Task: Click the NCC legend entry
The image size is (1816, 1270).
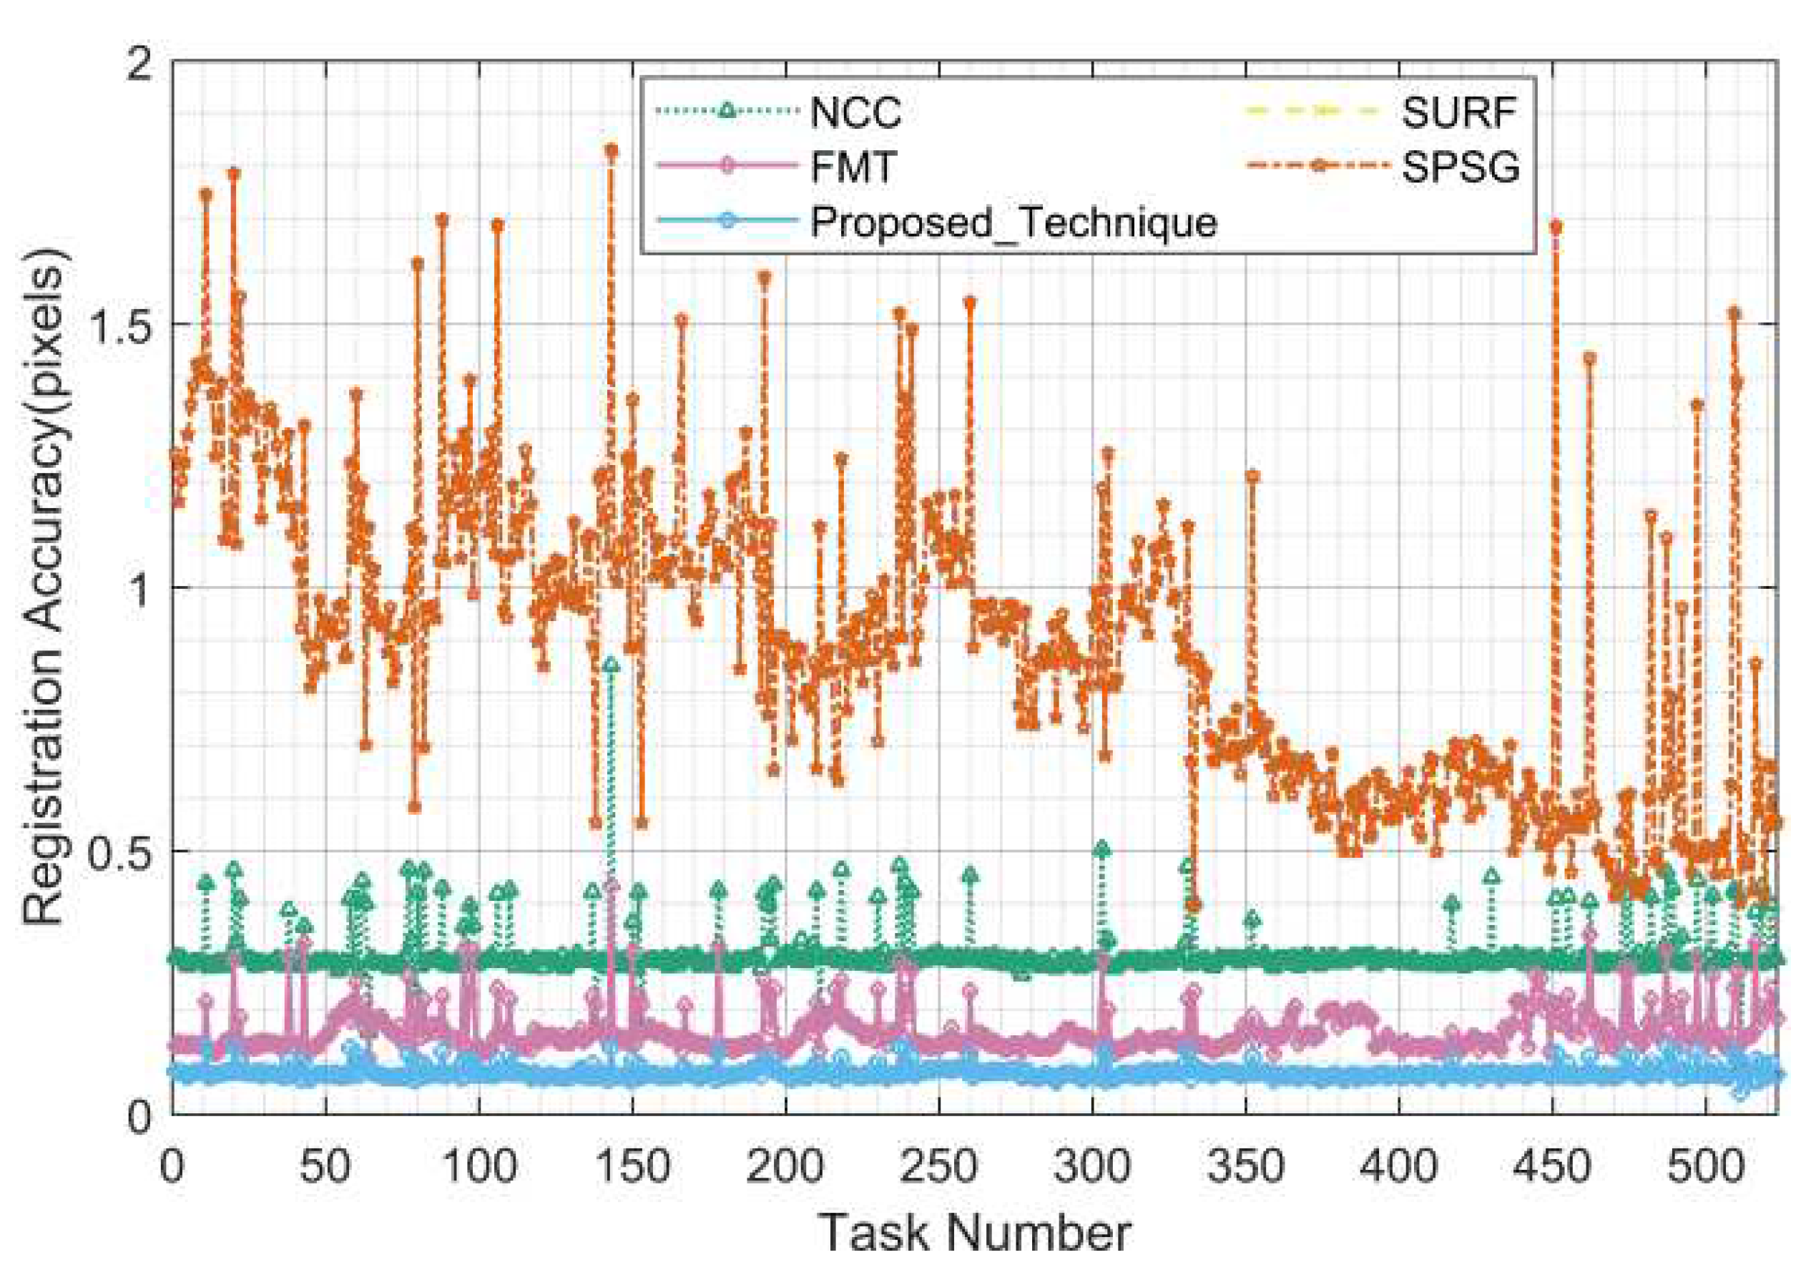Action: [x=855, y=113]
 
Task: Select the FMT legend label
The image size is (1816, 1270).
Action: [x=853, y=167]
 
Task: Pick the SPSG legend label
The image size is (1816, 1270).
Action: [x=1461, y=167]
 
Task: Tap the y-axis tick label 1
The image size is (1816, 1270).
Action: [x=140, y=588]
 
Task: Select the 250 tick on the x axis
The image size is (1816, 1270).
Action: [x=939, y=1167]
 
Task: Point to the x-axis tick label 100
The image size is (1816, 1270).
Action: [x=478, y=1167]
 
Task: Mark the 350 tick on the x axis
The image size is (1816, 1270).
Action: [x=1246, y=1167]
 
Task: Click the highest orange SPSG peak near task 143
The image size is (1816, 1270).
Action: [x=611, y=150]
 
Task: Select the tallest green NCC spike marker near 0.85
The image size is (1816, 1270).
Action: [x=610, y=665]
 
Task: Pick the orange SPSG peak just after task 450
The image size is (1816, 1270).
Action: [x=1556, y=227]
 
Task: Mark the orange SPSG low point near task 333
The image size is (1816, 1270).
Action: [x=1194, y=904]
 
